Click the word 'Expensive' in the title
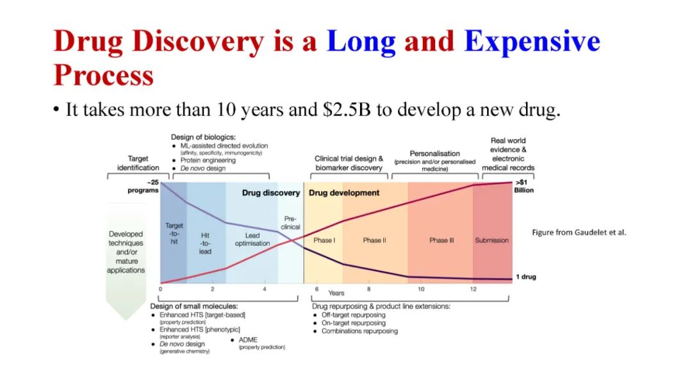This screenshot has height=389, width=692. (532, 42)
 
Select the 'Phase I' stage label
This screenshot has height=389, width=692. (324, 240)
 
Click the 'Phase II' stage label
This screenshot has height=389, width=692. (374, 240)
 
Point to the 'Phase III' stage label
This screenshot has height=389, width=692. (441, 240)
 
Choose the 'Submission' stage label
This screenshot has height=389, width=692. (491, 240)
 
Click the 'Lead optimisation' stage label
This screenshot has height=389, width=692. (252, 239)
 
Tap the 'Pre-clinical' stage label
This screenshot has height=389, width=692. (290, 222)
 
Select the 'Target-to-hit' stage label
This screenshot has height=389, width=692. (174, 233)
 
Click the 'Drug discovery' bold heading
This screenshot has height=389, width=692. (271, 193)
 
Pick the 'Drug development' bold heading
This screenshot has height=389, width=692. (344, 193)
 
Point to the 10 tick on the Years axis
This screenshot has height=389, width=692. (421, 289)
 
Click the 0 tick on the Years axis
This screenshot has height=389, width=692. (160, 289)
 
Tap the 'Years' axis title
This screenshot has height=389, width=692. (336, 293)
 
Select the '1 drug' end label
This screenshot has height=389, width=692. (526, 277)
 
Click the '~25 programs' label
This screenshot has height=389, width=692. (143, 186)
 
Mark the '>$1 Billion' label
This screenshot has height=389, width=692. (523, 186)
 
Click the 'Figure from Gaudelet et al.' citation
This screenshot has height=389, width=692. (579, 232)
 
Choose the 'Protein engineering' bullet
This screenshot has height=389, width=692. (208, 160)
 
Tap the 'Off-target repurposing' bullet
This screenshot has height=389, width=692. (353, 315)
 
